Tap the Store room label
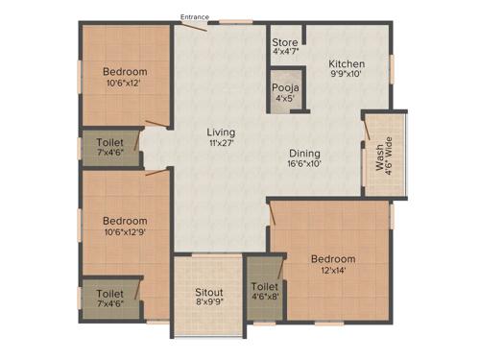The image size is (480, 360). click(284, 43)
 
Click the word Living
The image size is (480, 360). click(221, 132)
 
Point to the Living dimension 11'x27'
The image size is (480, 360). click(221, 144)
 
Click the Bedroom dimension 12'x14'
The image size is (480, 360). click(332, 272)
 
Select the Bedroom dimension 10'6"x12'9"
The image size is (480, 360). click(125, 232)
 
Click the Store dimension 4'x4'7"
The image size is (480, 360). click(284, 55)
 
